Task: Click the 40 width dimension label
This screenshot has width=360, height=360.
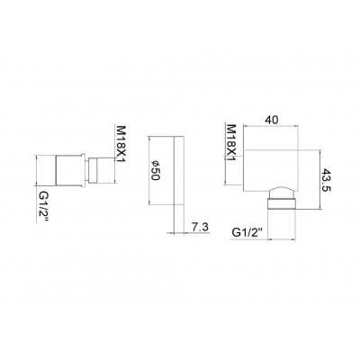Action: click(x=272, y=120)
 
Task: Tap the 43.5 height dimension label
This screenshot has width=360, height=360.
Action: click(x=326, y=181)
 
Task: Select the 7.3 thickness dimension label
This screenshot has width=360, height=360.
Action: click(x=200, y=227)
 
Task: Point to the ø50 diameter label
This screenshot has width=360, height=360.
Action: click(x=156, y=170)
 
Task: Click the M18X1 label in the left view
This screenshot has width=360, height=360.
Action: click(x=121, y=144)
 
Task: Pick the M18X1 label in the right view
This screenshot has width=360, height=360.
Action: click(x=231, y=143)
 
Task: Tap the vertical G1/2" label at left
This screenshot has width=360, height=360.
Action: click(x=43, y=207)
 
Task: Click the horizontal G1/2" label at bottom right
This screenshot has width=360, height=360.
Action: click(x=247, y=232)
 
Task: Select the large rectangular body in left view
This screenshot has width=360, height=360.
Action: click(x=69, y=170)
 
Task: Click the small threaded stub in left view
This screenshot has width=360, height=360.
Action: click(x=94, y=170)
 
